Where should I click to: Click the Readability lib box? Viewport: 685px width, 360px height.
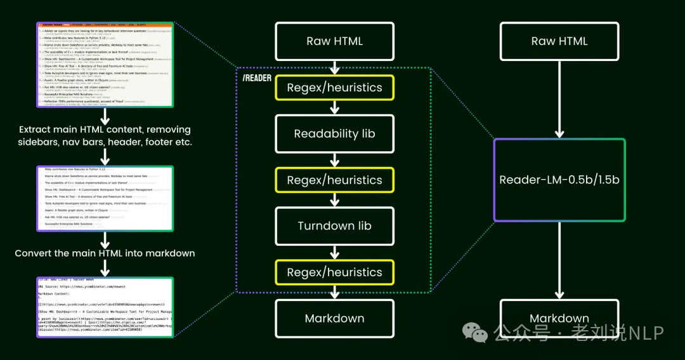[x=334, y=134]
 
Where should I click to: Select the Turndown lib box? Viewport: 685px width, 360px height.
[x=334, y=226]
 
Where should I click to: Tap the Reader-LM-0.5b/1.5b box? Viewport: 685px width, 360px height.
[x=559, y=180]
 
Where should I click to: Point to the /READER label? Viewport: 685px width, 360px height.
[x=257, y=78]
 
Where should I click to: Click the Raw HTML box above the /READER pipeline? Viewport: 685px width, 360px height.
[x=334, y=41]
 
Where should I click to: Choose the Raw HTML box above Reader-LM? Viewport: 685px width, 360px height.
[x=559, y=41]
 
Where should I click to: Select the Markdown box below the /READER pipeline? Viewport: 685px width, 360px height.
[x=334, y=318]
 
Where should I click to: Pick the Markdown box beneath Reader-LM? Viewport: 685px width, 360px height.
[x=559, y=318]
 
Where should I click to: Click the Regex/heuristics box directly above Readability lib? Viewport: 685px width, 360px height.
[x=334, y=88]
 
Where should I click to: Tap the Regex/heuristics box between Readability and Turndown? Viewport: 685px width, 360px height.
[x=334, y=180]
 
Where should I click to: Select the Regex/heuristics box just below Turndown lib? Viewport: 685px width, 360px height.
[x=334, y=272]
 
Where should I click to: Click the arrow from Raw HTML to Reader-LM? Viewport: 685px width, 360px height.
[x=559, y=99]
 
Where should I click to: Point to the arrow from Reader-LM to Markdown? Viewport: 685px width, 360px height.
[x=559, y=260]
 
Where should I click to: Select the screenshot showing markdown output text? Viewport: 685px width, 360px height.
[x=105, y=306]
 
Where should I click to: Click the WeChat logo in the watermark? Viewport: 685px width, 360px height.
[x=473, y=330]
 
